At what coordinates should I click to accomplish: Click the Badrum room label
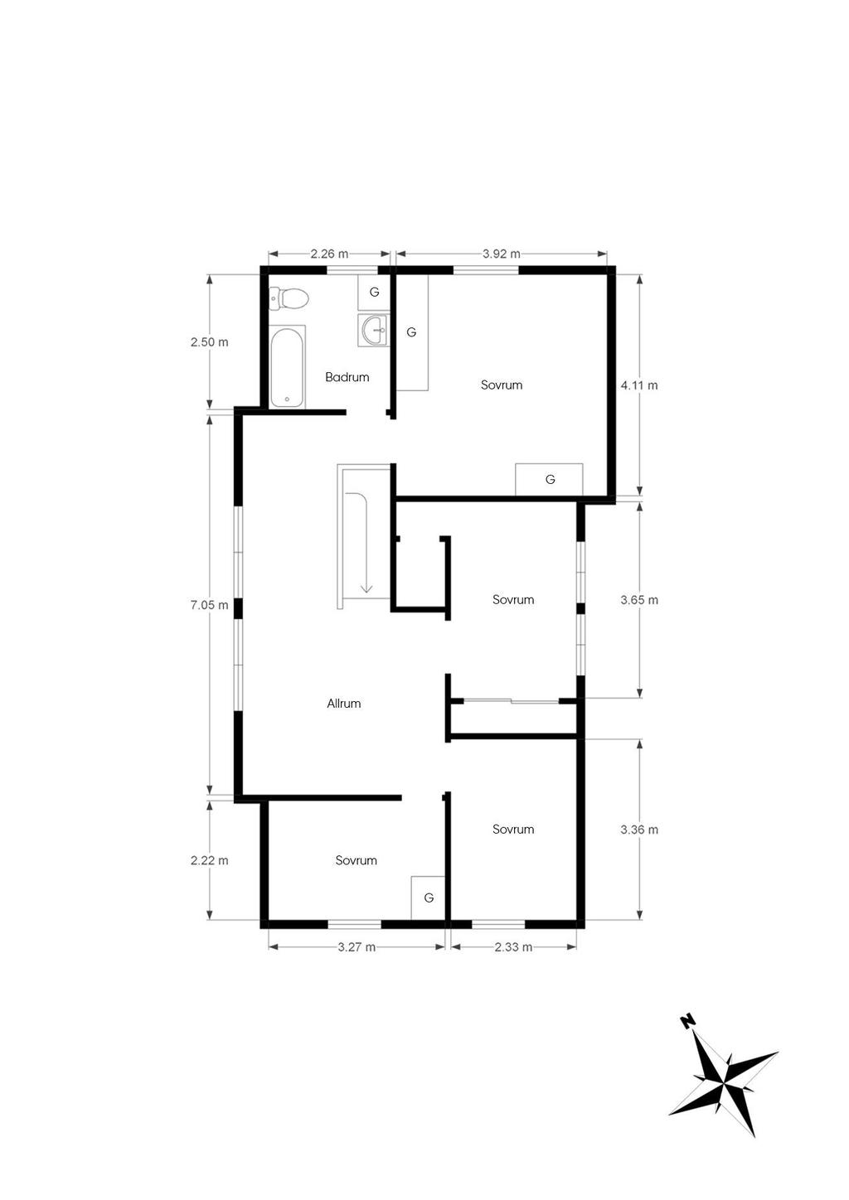[x=347, y=377]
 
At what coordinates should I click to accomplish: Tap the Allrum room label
[x=343, y=704]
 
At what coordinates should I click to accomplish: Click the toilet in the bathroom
[x=289, y=298]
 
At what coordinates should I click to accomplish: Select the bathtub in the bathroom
[x=288, y=367]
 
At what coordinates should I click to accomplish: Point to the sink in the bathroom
[x=372, y=331]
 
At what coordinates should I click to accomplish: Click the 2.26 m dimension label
[x=329, y=254]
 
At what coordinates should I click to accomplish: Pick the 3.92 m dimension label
[x=501, y=254]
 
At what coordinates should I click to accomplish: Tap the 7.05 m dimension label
[x=209, y=605]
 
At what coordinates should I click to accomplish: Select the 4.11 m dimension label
[x=639, y=385]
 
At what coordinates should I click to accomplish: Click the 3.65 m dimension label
[x=639, y=600]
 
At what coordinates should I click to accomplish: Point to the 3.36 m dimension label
[x=639, y=830]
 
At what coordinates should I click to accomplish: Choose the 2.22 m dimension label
[x=209, y=860]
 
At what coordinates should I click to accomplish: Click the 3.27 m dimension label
[x=357, y=947]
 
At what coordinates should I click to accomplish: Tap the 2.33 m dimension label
[x=513, y=947]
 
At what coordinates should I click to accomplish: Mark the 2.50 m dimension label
[x=209, y=341]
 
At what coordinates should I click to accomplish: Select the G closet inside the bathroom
[x=374, y=293]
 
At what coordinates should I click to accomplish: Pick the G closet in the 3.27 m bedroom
[x=429, y=898]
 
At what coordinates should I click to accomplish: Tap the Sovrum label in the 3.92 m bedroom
[x=501, y=385]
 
